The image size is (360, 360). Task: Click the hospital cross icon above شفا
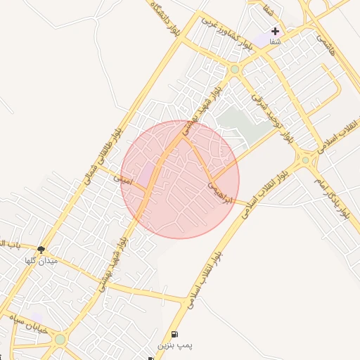point(275,32)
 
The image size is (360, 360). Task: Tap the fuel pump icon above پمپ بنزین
point(174,334)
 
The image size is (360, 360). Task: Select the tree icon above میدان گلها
point(41,249)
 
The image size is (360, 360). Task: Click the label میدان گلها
point(41,261)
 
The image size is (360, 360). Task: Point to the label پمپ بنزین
point(174,346)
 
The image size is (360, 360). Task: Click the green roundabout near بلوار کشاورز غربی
point(233,70)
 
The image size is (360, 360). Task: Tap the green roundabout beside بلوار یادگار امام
point(306,160)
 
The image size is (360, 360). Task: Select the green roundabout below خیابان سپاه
point(60,340)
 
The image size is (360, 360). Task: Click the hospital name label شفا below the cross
point(275,42)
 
